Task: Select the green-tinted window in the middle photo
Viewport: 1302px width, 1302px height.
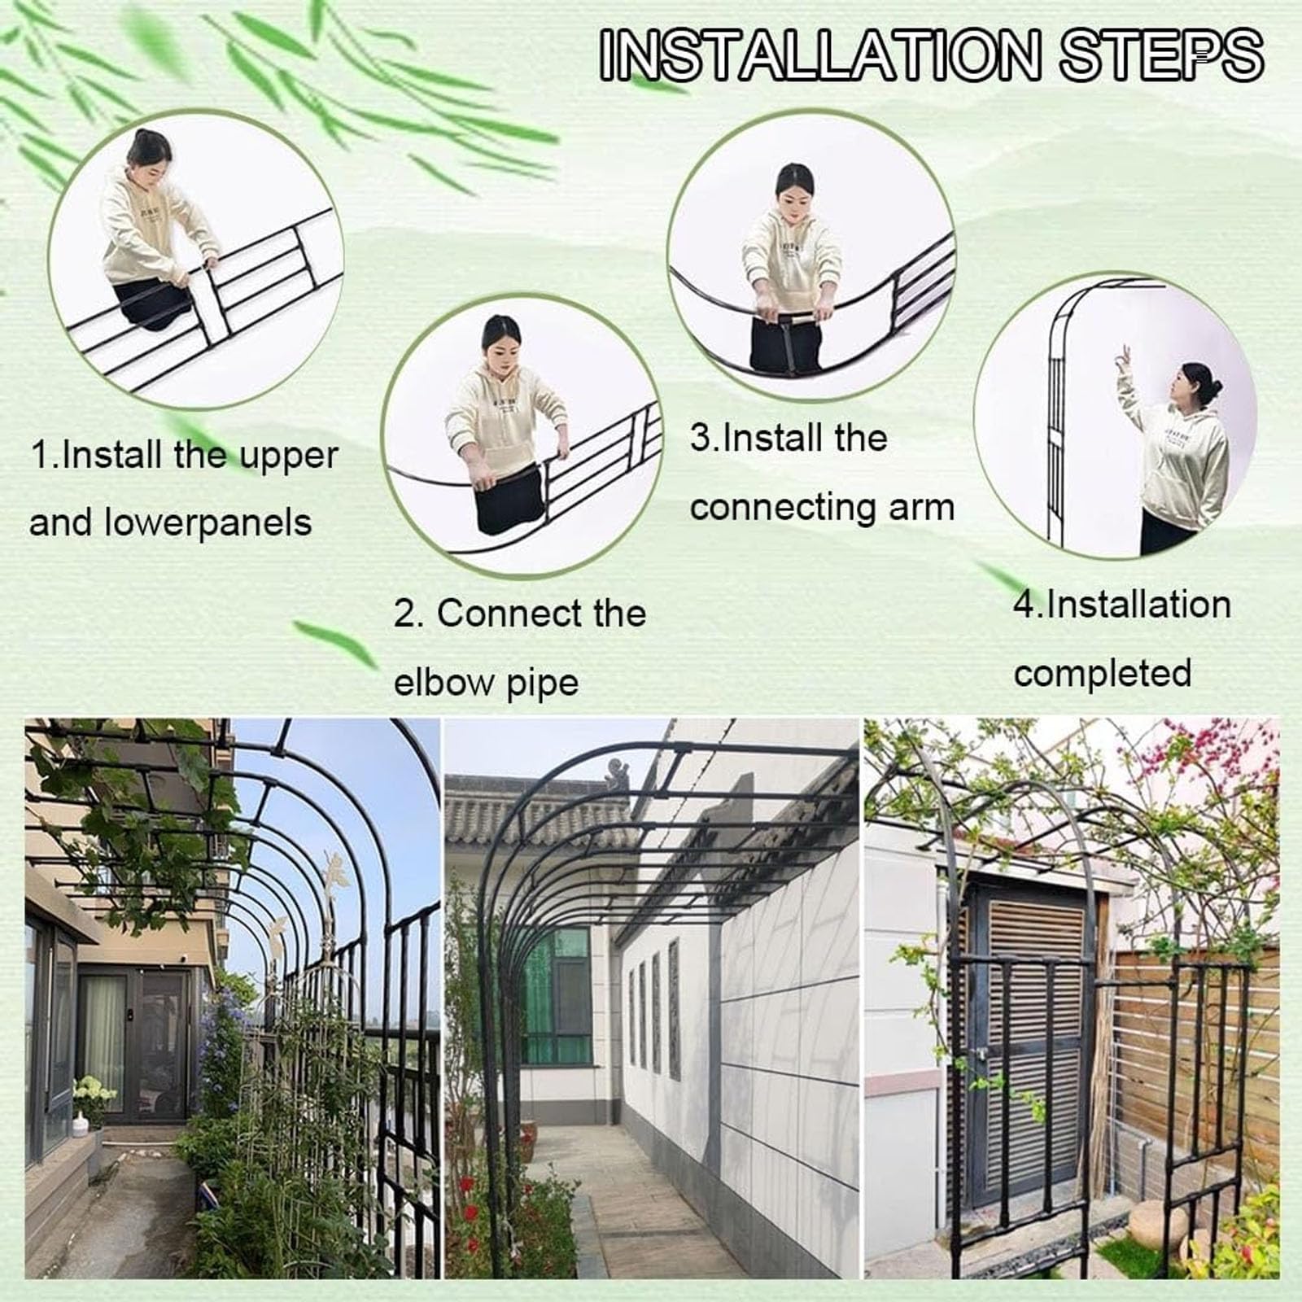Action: coord(555,996)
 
